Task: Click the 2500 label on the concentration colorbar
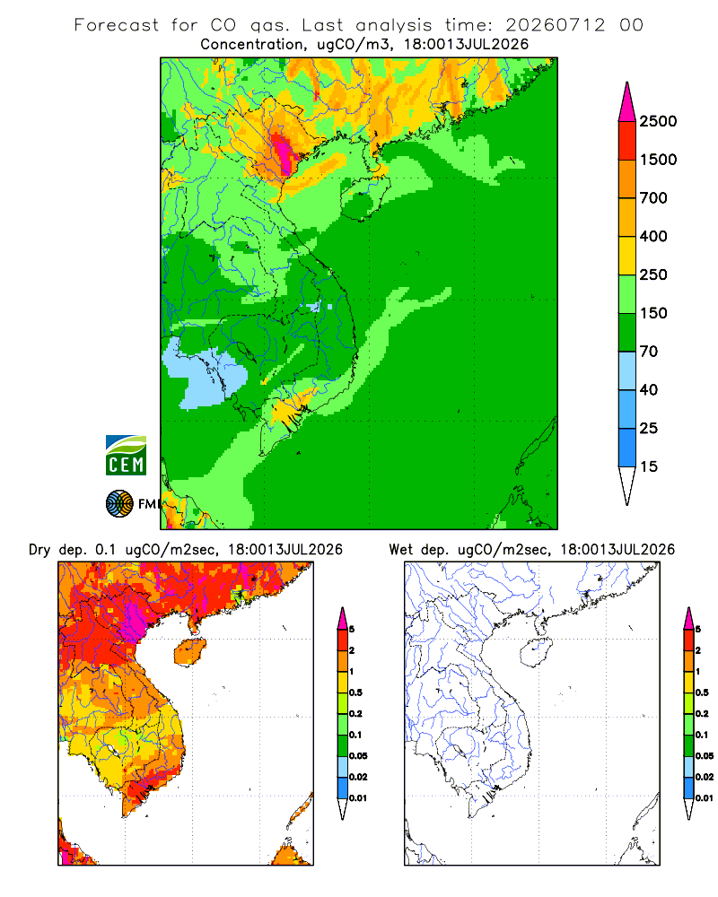pos(658,121)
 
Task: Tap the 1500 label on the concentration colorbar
pos(658,160)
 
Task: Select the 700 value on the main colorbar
pos(653,198)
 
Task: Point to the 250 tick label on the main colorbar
pos(653,274)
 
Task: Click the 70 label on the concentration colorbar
pos(649,352)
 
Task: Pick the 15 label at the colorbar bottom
pos(649,466)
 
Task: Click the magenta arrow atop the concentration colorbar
pos(627,102)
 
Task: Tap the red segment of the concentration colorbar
pos(627,141)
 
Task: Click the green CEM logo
pos(126,456)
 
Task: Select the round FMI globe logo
pos(119,504)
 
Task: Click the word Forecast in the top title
pos(117,25)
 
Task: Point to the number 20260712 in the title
pos(555,25)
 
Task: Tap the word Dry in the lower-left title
pos(39,550)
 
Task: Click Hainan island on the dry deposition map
pos(190,653)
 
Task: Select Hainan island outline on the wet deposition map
pos(537,653)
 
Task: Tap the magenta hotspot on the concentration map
pos(284,152)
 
